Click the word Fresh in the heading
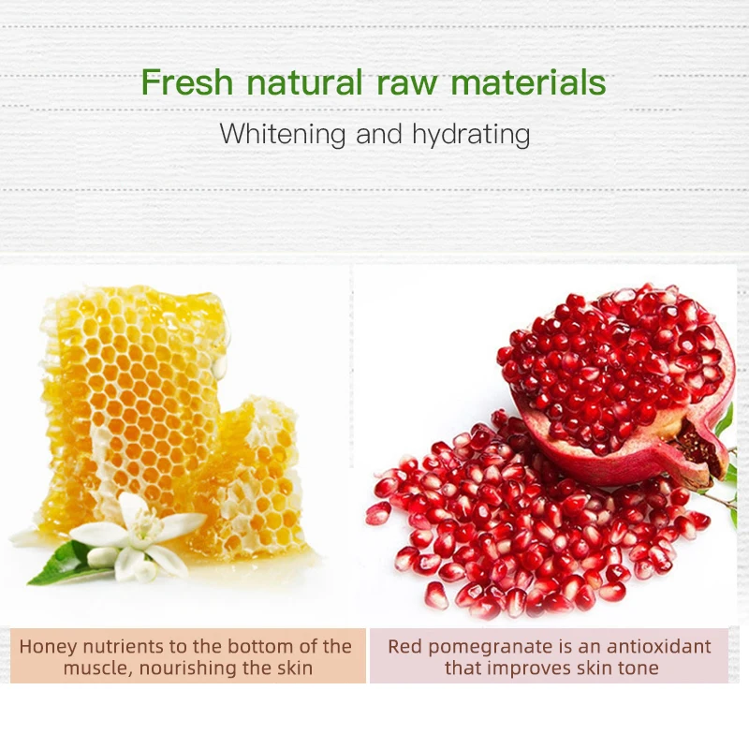(x=187, y=82)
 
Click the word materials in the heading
(x=528, y=82)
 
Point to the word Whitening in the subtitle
(x=283, y=134)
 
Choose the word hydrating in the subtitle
(x=470, y=134)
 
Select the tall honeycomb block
(x=131, y=393)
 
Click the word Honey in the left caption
(x=48, y=646)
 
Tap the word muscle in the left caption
(x=94, y=668)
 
